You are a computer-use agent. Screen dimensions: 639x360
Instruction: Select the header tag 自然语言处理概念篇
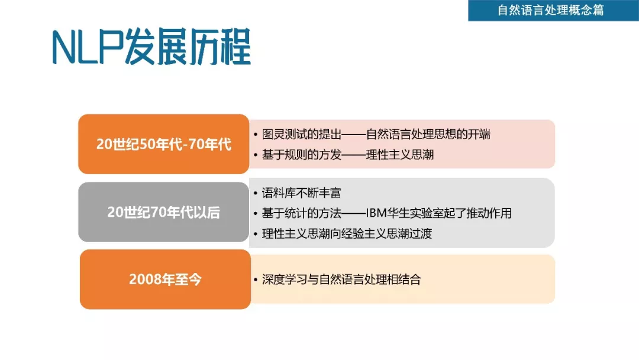[x=551, y=10]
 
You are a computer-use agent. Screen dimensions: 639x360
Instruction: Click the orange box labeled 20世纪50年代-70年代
[x=163, y=144]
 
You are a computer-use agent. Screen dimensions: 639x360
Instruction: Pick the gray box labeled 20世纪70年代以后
[x=163, y=212]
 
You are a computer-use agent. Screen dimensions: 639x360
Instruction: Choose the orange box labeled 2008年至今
[x=165, y=279]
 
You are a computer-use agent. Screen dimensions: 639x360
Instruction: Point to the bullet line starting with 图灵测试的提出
[x=376, y=134]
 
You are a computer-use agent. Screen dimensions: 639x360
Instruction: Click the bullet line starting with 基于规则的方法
[x=348, y=155]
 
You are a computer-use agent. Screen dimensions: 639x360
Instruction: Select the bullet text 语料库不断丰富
[x=301, y=192]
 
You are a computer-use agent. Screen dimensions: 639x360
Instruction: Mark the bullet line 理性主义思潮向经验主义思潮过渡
[x=347, y=234]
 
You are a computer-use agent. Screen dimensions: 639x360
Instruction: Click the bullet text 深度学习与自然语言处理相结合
[x=341, y=279]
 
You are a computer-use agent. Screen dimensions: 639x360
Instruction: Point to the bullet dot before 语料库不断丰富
[x=256, y=193]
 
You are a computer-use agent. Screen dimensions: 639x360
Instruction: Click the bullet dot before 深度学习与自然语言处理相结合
[x=256, y=279]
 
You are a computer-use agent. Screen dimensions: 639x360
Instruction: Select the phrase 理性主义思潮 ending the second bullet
[x=400, y=155]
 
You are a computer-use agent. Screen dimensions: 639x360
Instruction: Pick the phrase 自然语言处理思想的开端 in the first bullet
[x=428, y=134]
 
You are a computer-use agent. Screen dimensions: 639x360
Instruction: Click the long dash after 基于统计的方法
[x=353, y=213]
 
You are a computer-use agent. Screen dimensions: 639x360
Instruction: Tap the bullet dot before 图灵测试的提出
[x=256, y=134]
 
